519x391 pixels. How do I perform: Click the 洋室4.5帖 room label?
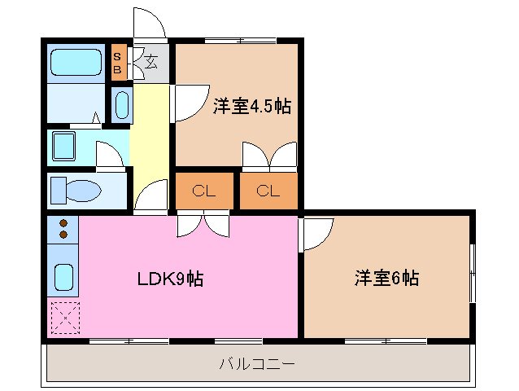252,107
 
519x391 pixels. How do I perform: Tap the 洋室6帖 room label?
386,279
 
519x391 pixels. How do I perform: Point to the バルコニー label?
256,363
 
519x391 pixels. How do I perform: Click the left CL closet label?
203,192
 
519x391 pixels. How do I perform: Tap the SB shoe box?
118,64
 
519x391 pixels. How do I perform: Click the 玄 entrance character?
151,59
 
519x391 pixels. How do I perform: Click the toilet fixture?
74,191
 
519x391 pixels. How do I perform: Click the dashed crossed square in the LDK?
63,319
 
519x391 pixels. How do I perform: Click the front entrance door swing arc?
150,24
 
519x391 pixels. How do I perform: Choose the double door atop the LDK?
203,224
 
